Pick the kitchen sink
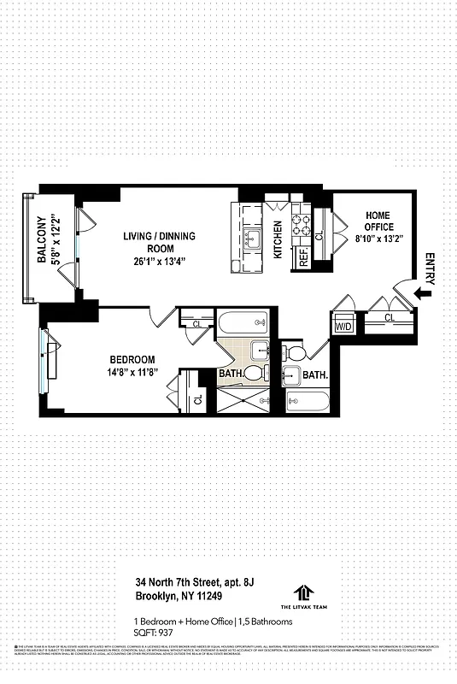pyautogui.click(x=252, y=239)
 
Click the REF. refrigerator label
pyautogui.click(x=303, y=258)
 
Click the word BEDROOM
pyautogui.click(x=131, y=360)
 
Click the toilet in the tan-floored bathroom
pyautogui.click(x=254, y=374)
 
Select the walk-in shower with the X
pyautogui.click(x=242, y=400)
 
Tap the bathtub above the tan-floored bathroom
pyautogui.click(x=243, y=324)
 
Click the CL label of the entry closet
pyautogui.click(x=390, y=318)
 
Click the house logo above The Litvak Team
pyautogui.click(x=305, y=592)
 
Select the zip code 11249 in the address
pyautogui.click(x=201, y=598)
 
